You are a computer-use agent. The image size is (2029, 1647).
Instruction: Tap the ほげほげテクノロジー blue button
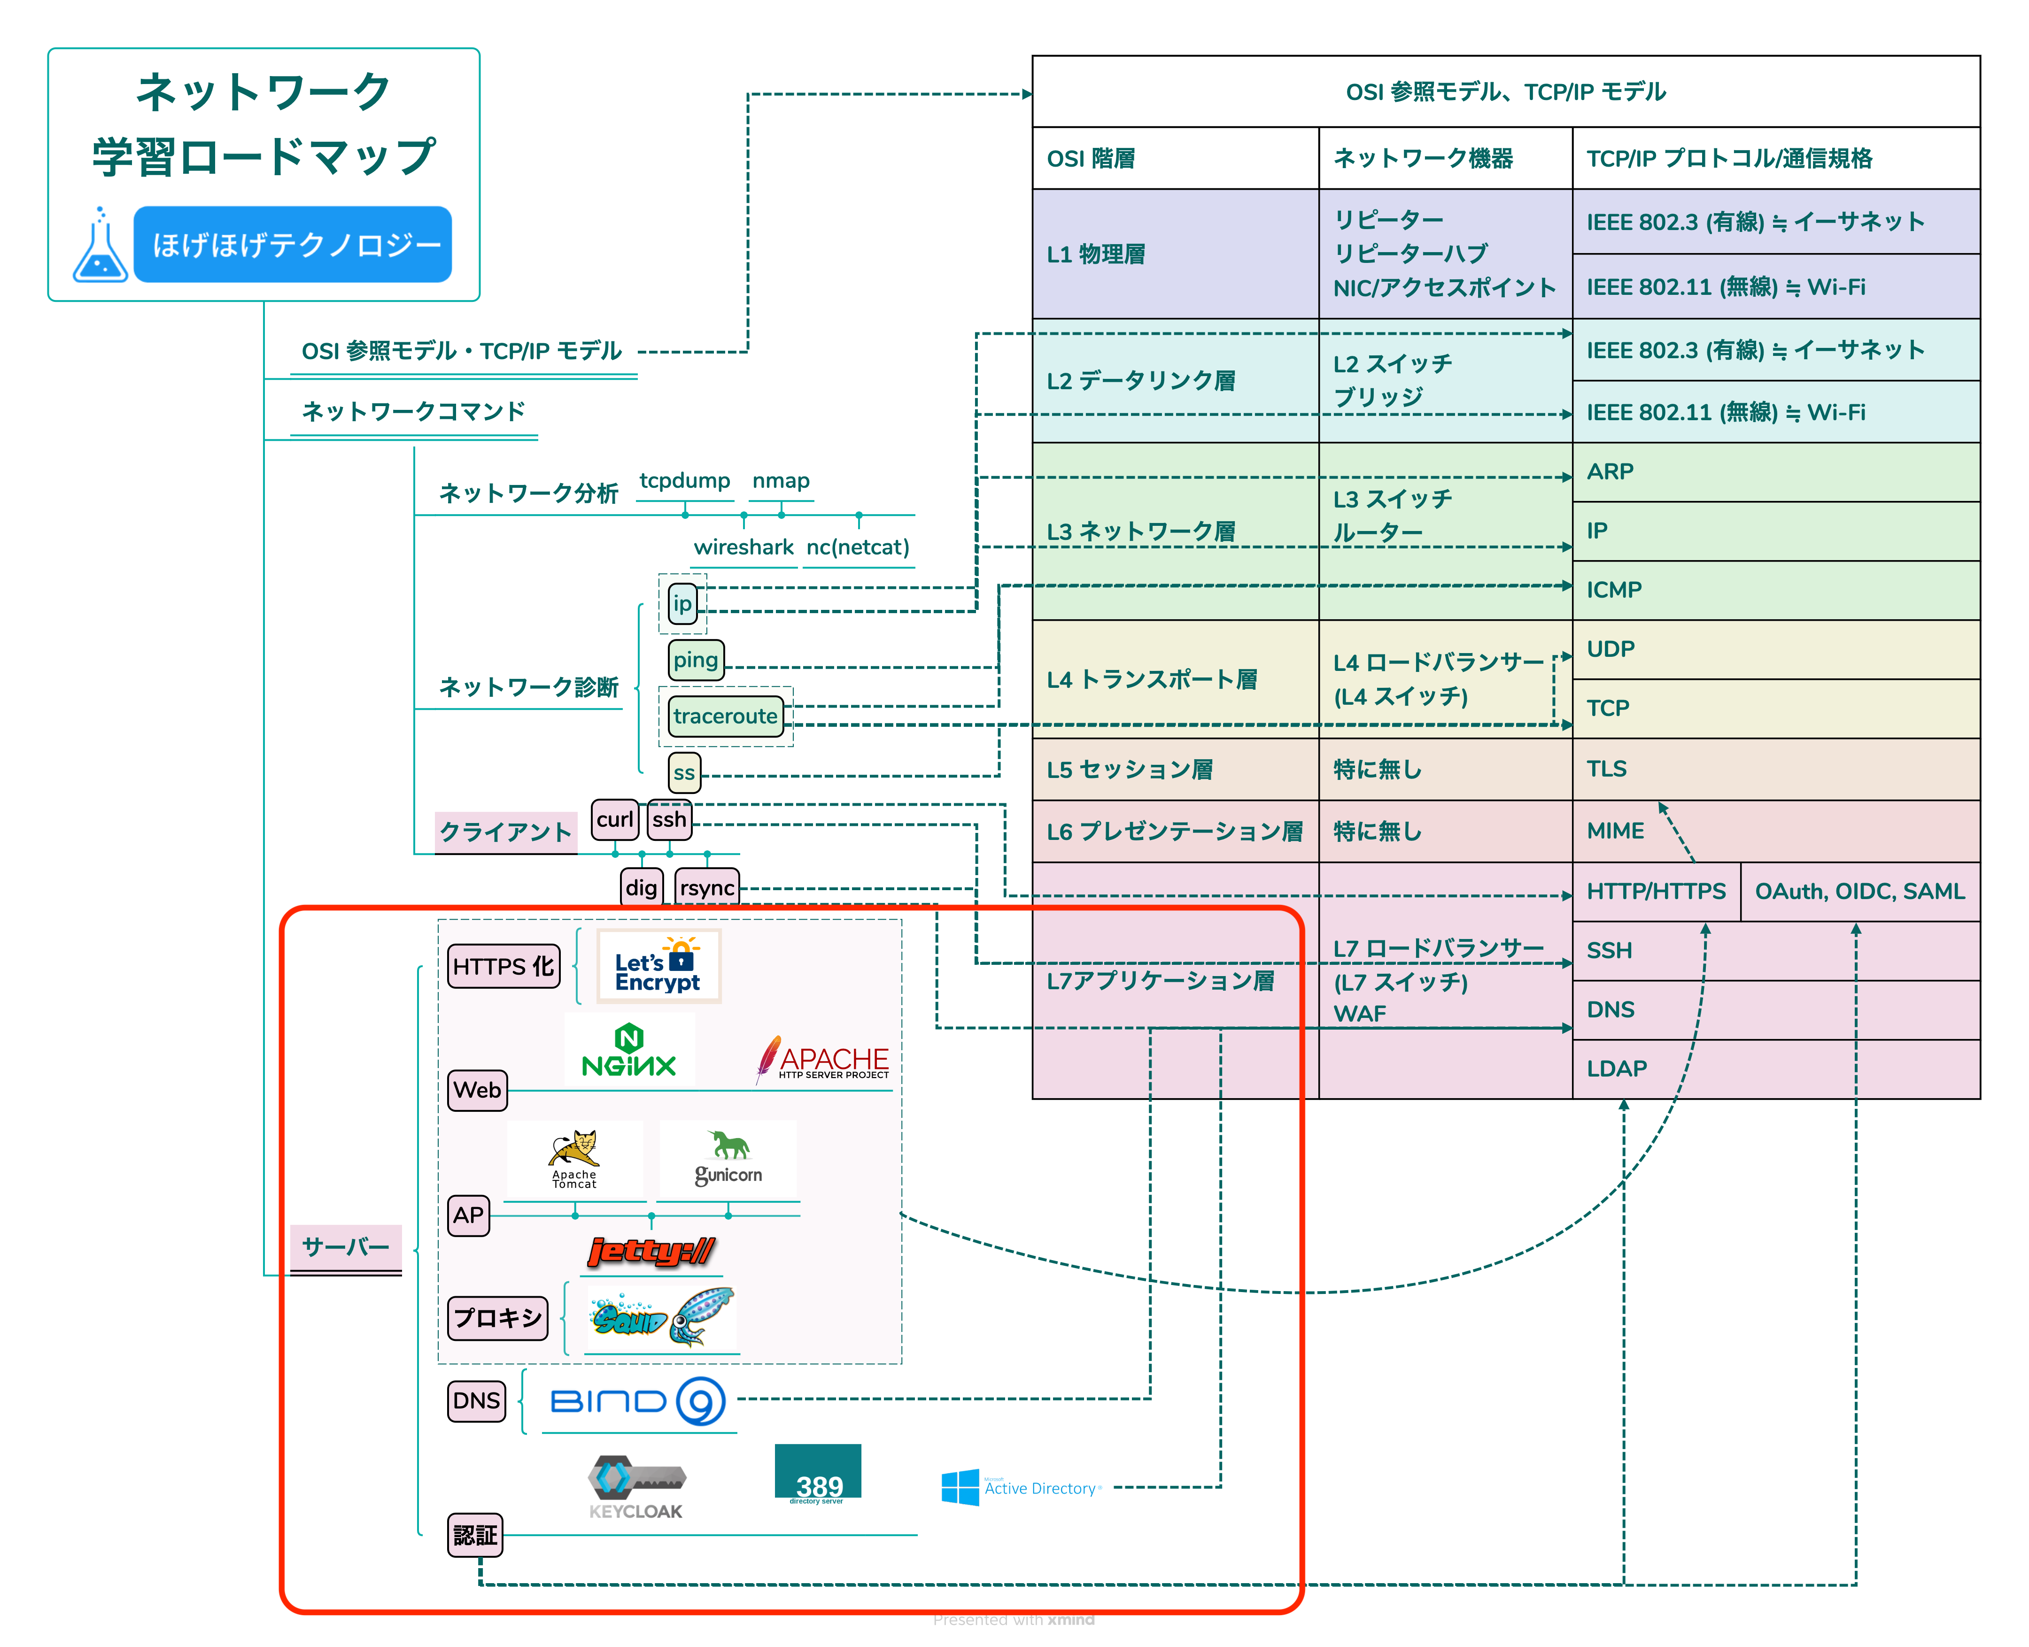[292, 245]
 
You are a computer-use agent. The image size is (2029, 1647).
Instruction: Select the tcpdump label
[684, 481]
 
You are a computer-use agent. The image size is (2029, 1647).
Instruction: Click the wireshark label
[743, 547]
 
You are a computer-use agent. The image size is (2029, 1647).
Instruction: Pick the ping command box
[696, 660]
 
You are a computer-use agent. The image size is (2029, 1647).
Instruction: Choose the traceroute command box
[725, 716]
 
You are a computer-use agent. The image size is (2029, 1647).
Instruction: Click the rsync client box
[707, 888]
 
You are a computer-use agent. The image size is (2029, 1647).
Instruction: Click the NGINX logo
[629, 1050]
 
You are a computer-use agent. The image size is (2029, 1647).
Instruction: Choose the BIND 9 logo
[638, 1401]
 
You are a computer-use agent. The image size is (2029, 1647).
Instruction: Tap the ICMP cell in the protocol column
[1776, 590]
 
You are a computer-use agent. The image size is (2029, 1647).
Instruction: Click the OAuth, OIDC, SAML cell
[1860, 892]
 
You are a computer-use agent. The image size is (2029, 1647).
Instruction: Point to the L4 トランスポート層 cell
[1175, 679]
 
